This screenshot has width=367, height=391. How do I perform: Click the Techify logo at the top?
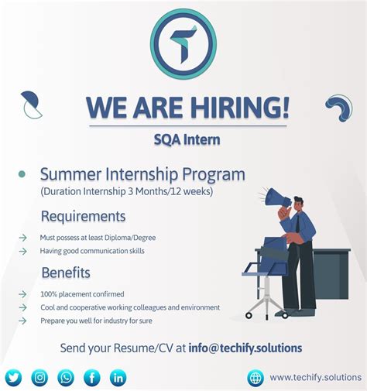[183, 44]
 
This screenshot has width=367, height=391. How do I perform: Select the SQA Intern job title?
[187, 139]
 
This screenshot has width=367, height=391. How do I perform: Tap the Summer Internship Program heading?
[142, 174]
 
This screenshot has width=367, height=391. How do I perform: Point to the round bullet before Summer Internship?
[22, 175]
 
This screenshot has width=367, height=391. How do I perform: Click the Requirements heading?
[83, 215]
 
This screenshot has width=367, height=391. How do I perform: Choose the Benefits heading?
[66, 273]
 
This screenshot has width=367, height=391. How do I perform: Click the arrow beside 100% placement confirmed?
[22, 294]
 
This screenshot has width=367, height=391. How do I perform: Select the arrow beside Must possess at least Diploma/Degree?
[22, 237]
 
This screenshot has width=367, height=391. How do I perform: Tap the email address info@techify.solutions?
[245, 348]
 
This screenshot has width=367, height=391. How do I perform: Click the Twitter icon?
[13, 377]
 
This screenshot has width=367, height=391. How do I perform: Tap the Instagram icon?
[39, 377]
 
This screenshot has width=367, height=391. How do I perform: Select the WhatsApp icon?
[66, 377]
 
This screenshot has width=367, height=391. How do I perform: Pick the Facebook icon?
[92, 377]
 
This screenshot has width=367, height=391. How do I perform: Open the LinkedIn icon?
[118, 377]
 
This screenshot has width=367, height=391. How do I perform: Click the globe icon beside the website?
[256, 378]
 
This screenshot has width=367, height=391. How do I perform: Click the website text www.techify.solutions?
[315, 378]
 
